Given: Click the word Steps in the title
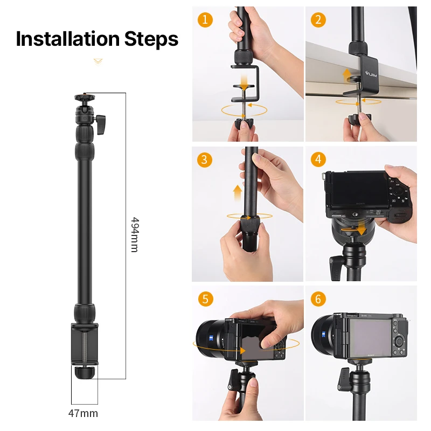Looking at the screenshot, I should tap(151, 39).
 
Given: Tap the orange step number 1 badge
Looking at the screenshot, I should tap(205, 20).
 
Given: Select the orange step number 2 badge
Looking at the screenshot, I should tap(318, 20).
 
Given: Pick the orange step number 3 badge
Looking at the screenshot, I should tap(205, 159).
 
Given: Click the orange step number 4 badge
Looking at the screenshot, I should tap(318, 159).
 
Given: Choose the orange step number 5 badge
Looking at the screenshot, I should tap(205, 298).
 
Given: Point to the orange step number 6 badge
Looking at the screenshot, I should tap(318, 298).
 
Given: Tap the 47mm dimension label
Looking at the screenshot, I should tap(84, 414).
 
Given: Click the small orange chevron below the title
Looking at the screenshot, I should tap(98, 61).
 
